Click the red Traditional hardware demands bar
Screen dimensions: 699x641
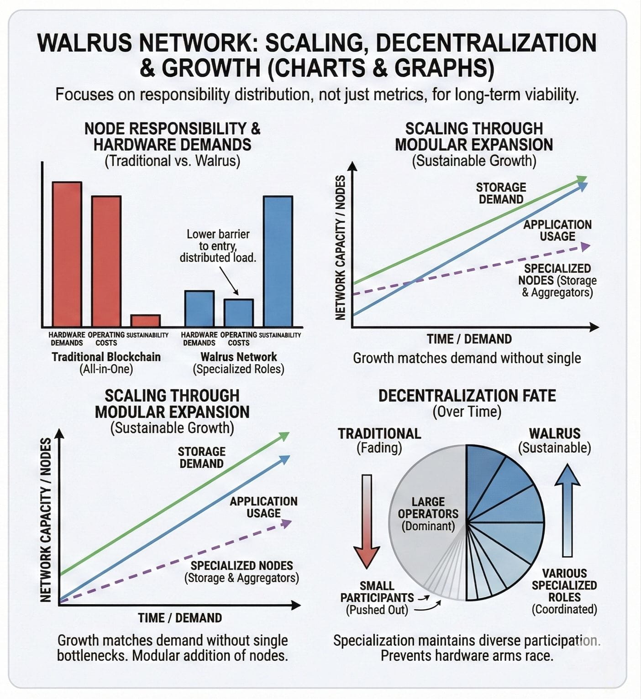(x=67, y=254)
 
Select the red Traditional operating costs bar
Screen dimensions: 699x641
(x=106, y=261)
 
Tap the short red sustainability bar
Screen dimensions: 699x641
(x=145, y=320)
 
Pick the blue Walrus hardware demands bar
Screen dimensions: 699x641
(x=199, y=308)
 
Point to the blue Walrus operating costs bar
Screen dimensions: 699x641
(x=238, y=313)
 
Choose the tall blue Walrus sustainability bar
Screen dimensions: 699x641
(x=278, y=261)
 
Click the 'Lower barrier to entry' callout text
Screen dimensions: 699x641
(x=218, y=246)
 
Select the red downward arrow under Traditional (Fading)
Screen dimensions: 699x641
(x=367, y=520)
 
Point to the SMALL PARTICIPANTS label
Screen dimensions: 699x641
(x=377, y=592)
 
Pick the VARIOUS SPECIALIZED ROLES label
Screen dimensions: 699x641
(x=564, y=585)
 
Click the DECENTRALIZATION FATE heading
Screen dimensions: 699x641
(x=467, y=396)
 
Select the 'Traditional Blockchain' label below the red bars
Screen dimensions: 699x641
(x=106, y=357)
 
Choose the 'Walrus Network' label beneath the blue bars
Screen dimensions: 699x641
(x=239, y=357)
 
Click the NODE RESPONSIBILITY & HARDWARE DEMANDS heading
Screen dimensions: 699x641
(x=172, y=136)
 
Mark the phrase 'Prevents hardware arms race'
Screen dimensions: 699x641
(x=467, y=656)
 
